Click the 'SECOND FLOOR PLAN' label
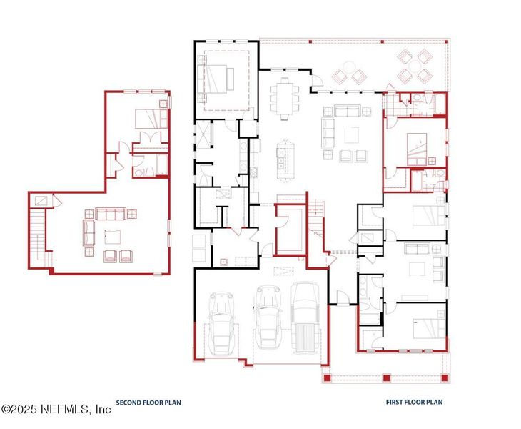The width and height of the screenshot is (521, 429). [148, 403]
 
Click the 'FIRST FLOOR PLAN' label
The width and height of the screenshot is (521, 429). [414, 403]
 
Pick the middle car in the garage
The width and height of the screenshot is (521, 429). [268, 314]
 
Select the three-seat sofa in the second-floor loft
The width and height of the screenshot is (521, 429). [111, 213]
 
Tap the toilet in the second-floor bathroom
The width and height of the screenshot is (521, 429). [136, 171]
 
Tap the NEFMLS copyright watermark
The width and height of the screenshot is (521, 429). [56, 409]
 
